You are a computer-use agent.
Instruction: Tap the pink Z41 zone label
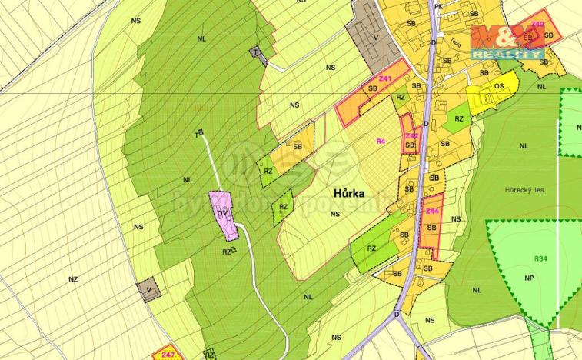coord(385,79)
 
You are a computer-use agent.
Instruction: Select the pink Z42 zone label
coord(412,135)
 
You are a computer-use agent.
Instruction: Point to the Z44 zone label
coord(432,212)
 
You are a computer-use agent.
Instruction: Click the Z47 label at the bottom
coord(168,355)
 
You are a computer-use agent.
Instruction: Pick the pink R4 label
coord(380,141)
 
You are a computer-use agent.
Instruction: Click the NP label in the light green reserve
coord(528,278)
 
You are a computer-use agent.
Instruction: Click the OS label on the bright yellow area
coord(498,87)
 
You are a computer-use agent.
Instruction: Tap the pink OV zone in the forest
coord(224,214)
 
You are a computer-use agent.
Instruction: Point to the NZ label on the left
coord(73,279)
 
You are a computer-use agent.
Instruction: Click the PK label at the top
coord(438,6)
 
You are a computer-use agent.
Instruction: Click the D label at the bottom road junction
coord(397,315)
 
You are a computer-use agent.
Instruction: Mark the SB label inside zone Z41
coord(373,89)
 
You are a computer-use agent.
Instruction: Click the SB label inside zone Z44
coord(431,228)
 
